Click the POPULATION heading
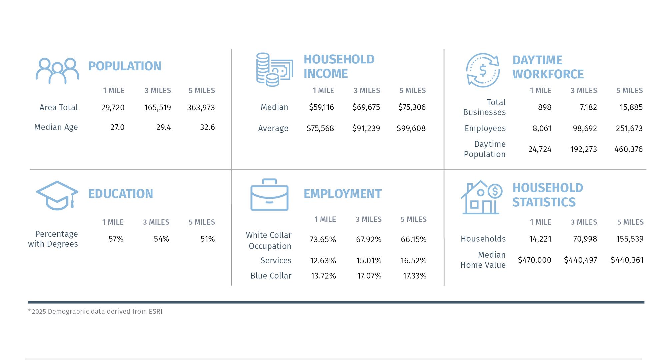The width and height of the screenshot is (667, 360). coord(125,66)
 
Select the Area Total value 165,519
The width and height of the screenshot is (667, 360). coord(157,108)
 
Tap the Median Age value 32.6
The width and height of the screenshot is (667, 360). coord(207,127)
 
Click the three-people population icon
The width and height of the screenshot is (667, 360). coord(57,70)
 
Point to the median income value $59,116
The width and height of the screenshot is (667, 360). coord(321,107)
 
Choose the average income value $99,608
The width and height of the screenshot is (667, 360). coord(411,128)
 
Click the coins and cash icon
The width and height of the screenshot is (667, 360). coord(274,70)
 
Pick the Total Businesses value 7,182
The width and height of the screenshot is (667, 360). coord(588,107)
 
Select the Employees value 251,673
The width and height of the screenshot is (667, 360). coord(629,128)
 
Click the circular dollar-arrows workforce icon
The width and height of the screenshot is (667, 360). coord(483,70)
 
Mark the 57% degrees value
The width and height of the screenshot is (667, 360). coord(116,239)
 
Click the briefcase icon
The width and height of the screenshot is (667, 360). coord(269,195)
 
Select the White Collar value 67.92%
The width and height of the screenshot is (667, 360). coord(368,240)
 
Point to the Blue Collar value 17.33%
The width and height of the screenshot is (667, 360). coord(414,276)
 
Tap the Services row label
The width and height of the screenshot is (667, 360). coord(276,261)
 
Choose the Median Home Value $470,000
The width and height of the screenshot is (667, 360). coord(534,260)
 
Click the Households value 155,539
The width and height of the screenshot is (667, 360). coord(629,239)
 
